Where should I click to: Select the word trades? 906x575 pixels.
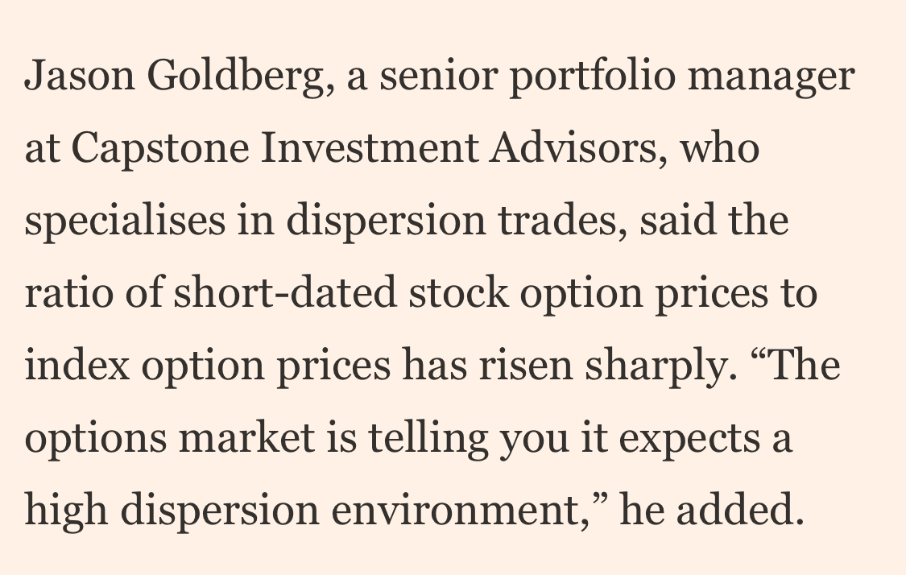click(568, 221)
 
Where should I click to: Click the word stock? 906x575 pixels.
click(458, 294)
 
